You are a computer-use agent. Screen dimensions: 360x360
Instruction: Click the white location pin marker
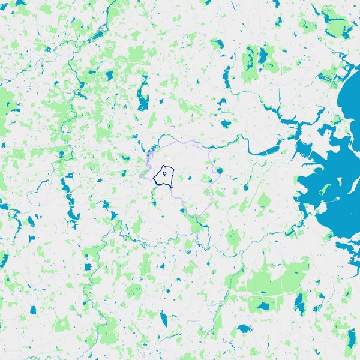click(164, 174)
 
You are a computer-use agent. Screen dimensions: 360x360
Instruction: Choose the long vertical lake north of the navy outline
click(143, 97)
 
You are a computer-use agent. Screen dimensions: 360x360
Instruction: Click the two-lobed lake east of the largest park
click(299, 304)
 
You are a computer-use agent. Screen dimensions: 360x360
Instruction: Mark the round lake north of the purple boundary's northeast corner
click(226, 124)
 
